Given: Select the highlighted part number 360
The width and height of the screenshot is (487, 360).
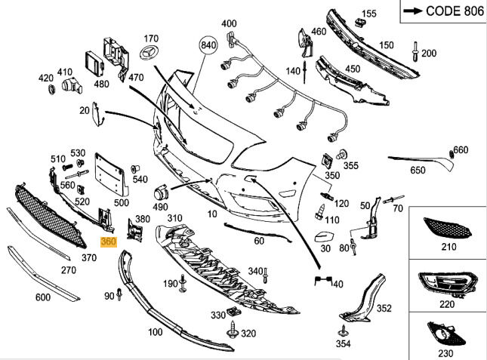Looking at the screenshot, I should [x=108, y=242].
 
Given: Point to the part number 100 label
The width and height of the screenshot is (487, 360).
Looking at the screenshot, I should [x=156, y=332].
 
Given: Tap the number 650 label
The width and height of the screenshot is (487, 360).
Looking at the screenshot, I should [x=418, y=171].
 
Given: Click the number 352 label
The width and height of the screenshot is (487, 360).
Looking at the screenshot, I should [x=384, y=308].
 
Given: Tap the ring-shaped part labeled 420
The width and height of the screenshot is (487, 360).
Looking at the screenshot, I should [x=51, y=90].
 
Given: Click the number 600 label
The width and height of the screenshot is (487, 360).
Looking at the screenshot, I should [x=43, y=297].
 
